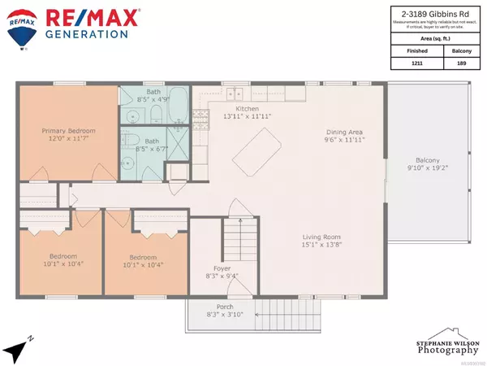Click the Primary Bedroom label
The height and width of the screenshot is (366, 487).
[69, 129]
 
